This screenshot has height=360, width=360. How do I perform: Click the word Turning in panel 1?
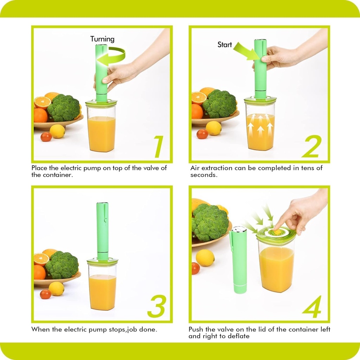click(x=102, y=39)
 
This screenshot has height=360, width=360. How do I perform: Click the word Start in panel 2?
click(x=225, y=45)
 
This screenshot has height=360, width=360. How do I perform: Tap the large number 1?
click(x=159, y=146)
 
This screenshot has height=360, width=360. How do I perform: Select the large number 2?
click(x=311, y=146)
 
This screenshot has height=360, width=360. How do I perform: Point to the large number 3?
click(x=156, y=306)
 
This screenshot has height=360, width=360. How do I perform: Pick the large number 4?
click(x=312, y=307)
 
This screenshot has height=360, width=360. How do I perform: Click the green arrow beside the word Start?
click(x=247, y=51)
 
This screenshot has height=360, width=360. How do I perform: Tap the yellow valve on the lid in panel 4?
click(x=277, y=232)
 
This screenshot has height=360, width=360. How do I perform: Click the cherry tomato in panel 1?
click(x=46, y=137)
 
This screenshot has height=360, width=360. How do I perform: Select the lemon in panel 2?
click(x=213, y=128)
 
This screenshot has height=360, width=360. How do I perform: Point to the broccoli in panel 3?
click(x=62, y=265)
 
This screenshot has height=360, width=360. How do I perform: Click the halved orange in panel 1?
click(x=43, y=102)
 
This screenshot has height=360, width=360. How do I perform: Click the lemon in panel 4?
click(x=205, y=258)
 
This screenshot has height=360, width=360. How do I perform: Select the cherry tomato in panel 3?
click(x=45, y=294)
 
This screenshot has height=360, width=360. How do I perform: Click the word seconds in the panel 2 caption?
click(x=204, y=175)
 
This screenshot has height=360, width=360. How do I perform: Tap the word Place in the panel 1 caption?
click(x=39, y=168)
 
